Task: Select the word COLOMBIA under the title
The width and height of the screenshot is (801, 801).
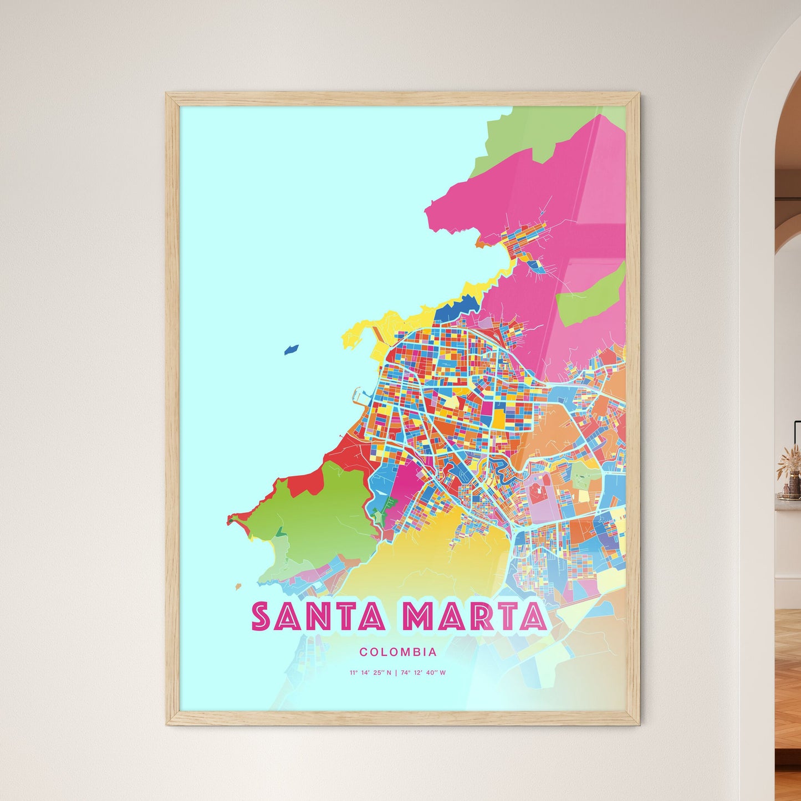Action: [x=397, y=652]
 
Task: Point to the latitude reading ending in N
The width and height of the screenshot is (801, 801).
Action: [x=370, y=673]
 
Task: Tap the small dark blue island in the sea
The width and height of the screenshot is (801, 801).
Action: [x=292, y=350]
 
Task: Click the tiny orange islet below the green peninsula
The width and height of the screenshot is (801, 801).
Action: [x=238, y=586]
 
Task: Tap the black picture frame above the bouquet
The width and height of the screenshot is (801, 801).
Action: [x=797, y=435]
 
